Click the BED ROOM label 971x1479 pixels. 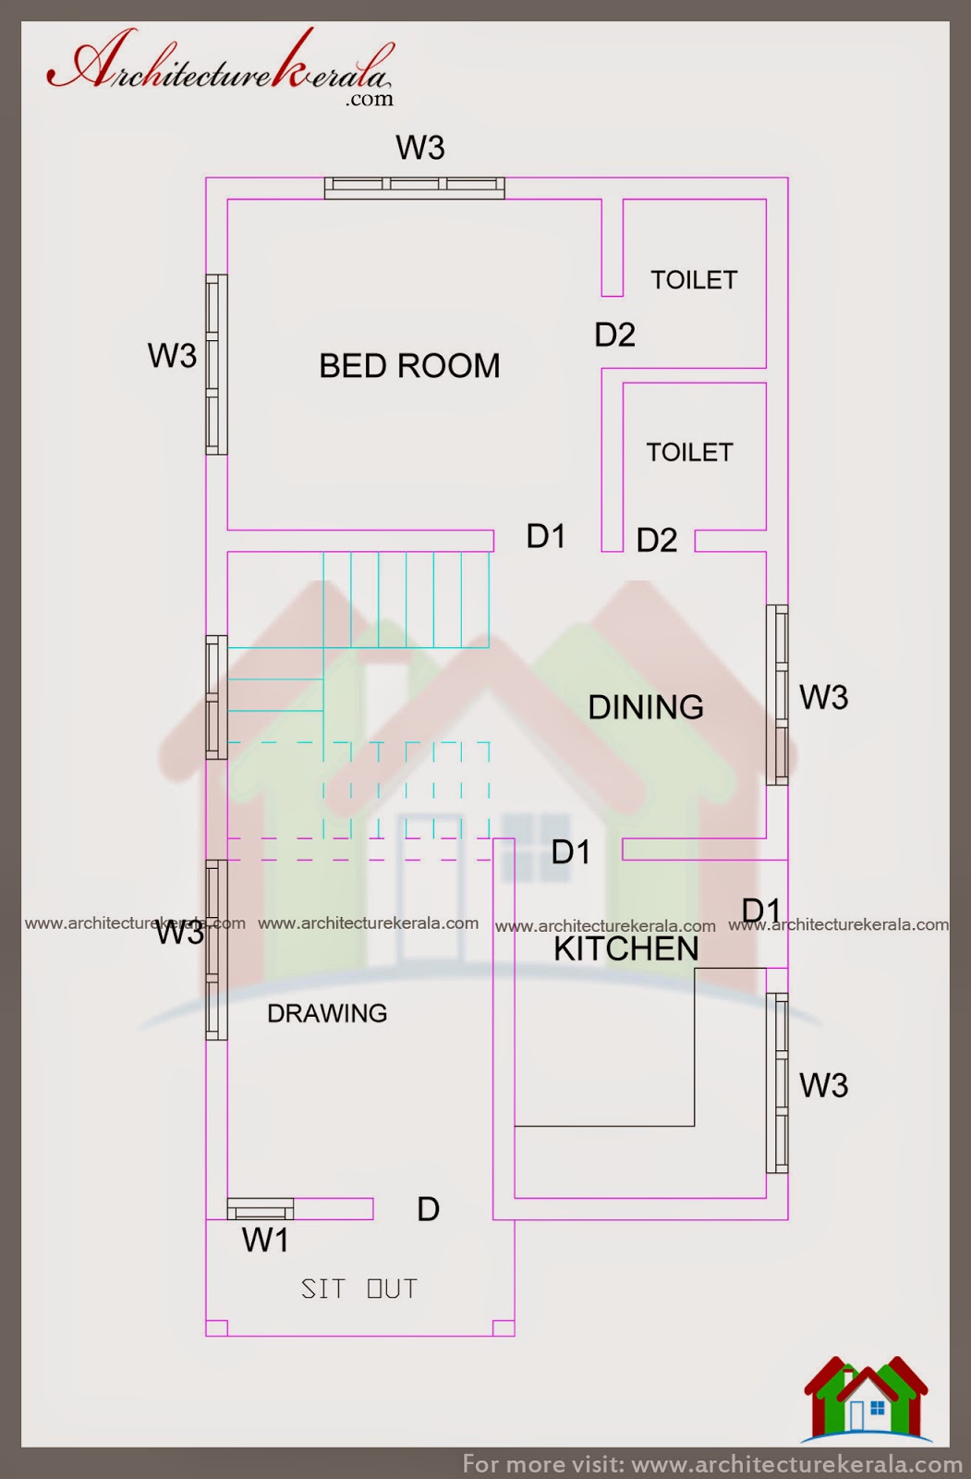pos(409,366)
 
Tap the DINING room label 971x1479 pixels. pos(646,707)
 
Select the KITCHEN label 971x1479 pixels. pos(626,949)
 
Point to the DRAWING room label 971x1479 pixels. pos(327,1013)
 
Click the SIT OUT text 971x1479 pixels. pos(359,1289)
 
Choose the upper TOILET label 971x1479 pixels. pos(694,280)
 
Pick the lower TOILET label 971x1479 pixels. pos(689,452)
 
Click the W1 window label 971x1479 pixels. pos(265,1241)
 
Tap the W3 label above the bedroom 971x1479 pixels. pos(420,148)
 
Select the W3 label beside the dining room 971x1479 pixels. pos(823,697)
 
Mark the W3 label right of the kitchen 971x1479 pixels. pos(823,1085)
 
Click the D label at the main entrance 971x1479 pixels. pos(428,1209)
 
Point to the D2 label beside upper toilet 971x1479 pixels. pos(614,335)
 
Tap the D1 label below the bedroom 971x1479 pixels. pos(545,536)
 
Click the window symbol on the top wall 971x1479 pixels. pos(415,188)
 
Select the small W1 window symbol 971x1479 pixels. pos(261,1209)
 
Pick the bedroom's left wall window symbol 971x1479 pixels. pos(216,364)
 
